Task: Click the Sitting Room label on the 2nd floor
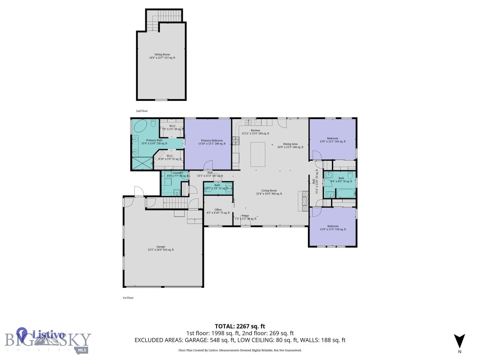(x=162, y=56)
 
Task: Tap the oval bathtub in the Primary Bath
(x=140, y=125)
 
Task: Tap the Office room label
(x=218, y=211)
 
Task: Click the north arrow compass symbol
(x=459, y=341)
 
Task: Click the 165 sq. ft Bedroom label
(x=332, y=140)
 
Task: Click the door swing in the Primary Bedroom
(x=208, y=165)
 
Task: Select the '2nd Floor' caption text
(x=142, y=111)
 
